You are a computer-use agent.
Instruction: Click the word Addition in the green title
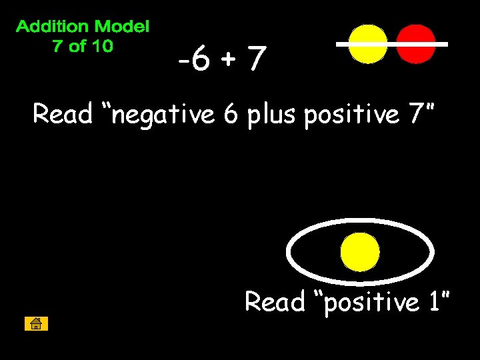point(53,27)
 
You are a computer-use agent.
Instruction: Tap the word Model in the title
point(122,27)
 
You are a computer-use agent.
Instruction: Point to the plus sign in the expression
point(229,62)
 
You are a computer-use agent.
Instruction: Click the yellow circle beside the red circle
point(368,45)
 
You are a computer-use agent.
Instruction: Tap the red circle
point(416,45)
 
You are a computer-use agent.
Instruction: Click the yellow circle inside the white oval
point(360,253)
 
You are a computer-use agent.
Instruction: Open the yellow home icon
point(36,324)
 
